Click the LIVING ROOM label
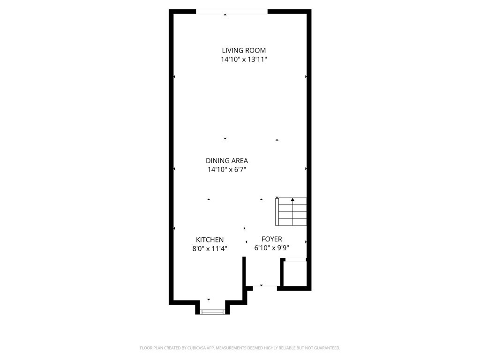point(244,50)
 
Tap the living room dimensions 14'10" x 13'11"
point(244,60)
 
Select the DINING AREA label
point(227,160)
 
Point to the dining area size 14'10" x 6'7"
point(227,169)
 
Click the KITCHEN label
point(210,240)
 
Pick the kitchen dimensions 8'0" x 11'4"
point(210,248)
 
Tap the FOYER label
point(272,239)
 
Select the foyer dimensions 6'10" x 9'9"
point(272,247)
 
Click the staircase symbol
point(291,212)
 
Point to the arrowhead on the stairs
point(292,200)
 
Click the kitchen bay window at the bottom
point(212,312)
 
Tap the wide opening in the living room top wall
point(232,12)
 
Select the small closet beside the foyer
point(294,273)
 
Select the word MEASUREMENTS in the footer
point(231,348)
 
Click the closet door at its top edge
point(295,260)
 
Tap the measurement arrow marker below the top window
point(225,15)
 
